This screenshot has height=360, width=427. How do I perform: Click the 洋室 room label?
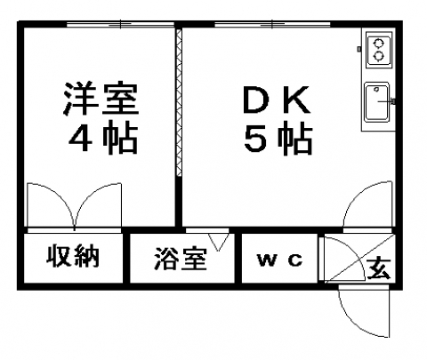click(101, 99)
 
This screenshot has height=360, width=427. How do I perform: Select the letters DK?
click(277, 100)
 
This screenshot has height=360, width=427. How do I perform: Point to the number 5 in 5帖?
click(255, 140)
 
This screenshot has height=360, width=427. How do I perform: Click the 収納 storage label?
click(73, 256)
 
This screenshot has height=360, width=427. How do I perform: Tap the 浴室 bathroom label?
click(181, 259)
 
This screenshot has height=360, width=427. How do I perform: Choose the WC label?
click(280, 260)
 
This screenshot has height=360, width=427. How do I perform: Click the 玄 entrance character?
click(379, 268)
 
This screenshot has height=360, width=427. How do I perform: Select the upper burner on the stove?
click(378, 44)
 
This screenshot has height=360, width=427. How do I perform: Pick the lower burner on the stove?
click(378, 56)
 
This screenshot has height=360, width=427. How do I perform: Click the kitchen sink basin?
click(377, 102)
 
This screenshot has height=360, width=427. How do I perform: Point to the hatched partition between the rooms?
click(179, 102)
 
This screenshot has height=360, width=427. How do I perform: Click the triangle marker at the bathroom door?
click(218, 242)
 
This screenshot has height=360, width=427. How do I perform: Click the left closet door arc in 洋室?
click(60, 194)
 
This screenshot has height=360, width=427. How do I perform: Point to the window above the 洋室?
click(120, 24)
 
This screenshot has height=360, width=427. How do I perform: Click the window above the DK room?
click(272, 24)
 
